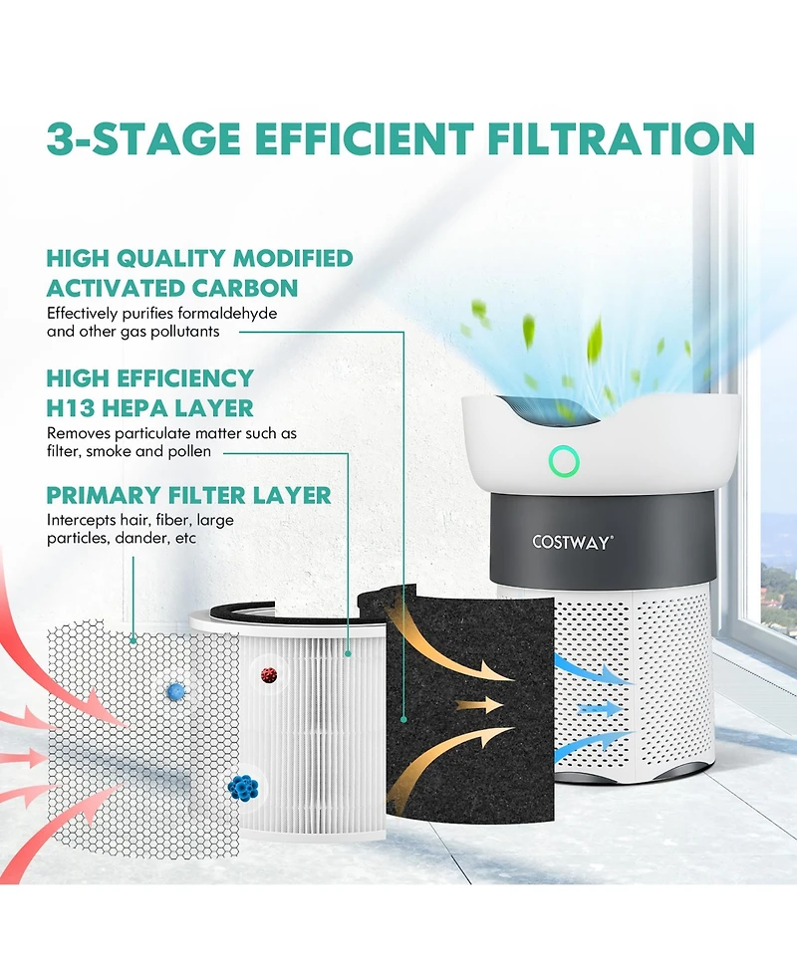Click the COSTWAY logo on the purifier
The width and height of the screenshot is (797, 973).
(572, 543)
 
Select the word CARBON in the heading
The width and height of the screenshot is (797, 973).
(244, 288)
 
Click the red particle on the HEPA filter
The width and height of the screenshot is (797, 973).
(269, 675)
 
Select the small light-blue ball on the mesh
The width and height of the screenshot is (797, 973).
(176, 690)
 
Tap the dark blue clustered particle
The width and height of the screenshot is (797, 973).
(243, 788)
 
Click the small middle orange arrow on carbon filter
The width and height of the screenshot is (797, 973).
(479, 705)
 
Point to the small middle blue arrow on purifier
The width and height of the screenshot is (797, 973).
(600, 708)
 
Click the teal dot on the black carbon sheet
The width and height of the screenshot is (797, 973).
(404, 720)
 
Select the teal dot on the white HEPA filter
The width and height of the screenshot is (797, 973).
(349, 653)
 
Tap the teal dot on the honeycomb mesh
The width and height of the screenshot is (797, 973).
(133, 639)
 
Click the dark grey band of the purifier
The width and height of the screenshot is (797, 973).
(602, 541)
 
